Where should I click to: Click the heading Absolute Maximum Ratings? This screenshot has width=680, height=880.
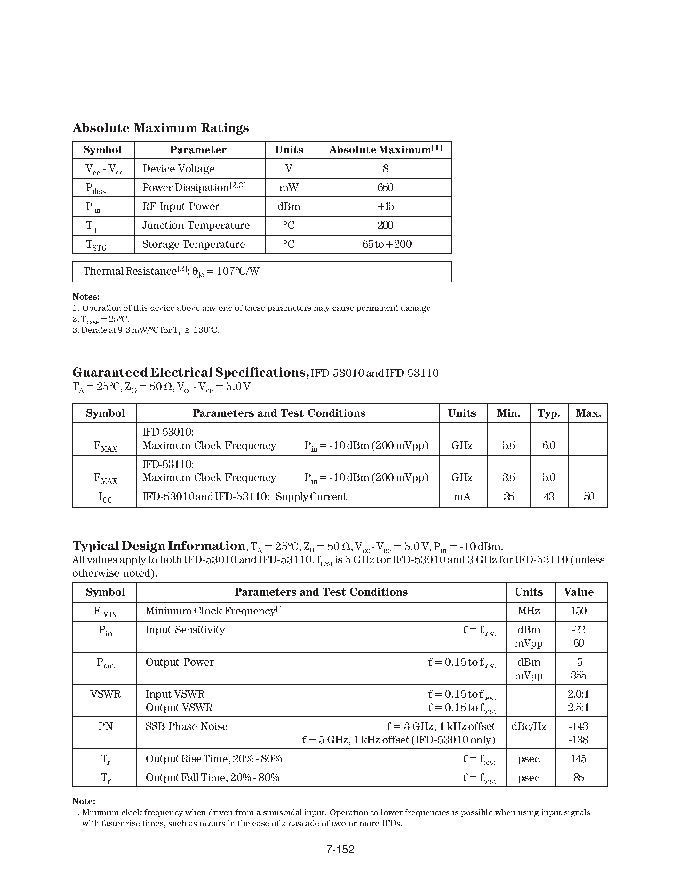pos(160,128)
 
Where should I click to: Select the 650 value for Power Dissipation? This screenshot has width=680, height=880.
pos(385,188)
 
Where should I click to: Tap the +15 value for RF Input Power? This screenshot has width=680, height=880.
pos(385,206)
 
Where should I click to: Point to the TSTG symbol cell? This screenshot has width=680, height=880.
pos(96,244)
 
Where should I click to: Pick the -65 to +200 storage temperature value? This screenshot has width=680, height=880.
pos(385,244)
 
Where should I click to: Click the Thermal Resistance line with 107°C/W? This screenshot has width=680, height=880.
pos(171,271)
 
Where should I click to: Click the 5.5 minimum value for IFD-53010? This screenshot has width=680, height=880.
pos(508,445)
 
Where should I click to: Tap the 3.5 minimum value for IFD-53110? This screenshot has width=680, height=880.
pos(508,477)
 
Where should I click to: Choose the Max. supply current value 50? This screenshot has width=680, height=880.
pos(588,496)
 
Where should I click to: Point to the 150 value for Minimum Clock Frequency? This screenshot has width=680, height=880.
pos(579,611)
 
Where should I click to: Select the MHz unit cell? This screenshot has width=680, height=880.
pos(529,611)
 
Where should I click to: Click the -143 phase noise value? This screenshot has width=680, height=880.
pos(579,726)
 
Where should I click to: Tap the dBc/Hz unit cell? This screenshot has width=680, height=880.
pos(529,726)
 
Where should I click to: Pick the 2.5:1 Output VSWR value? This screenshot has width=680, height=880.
pos(579,708)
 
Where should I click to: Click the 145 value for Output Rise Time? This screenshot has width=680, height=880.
pos(579,759)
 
